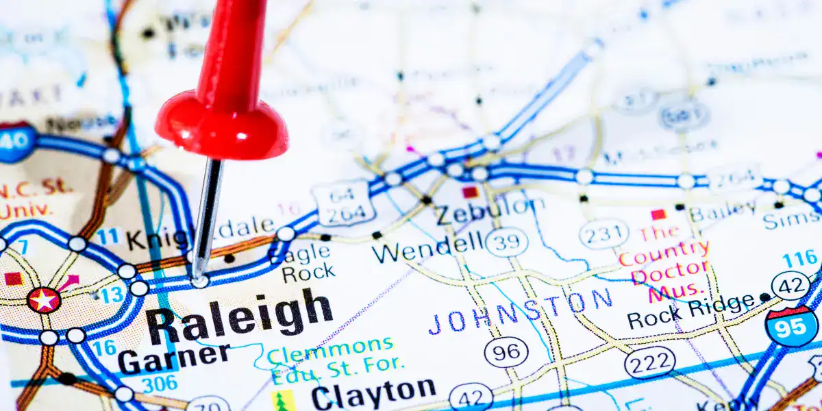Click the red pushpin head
[x=221, y=123]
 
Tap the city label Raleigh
[x=239, y=317]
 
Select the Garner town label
[x=174, y=358]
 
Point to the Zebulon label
[x=490, y=211]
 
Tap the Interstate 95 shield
[x=792, y=326]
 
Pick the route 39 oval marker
[x=506, y=241]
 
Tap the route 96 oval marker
[x=506, y=353]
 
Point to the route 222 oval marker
[x=649, y=362]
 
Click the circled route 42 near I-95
[x=791, y=285]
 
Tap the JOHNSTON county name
[x=521, y=310]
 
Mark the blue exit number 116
[x=801, y=259]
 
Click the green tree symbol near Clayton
[x=281, y=401]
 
